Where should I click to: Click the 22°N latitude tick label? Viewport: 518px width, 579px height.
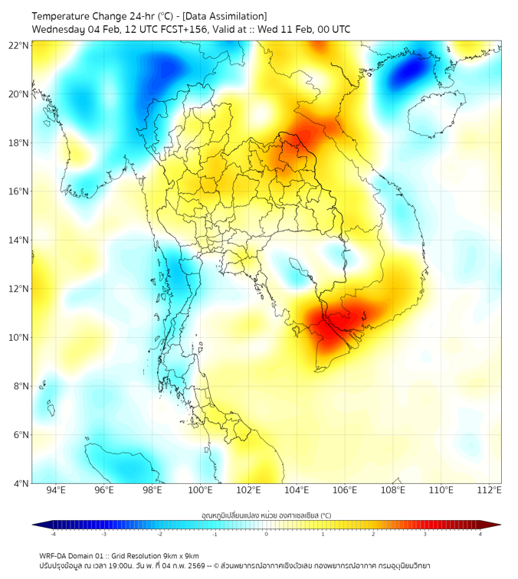19,46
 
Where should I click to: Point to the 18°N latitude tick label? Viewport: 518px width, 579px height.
19,143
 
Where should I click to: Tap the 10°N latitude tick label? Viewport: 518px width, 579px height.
19,338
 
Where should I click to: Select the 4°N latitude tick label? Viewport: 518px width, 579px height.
21,483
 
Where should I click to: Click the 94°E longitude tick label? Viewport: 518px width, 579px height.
56,490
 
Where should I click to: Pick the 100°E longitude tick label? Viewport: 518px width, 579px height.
200,490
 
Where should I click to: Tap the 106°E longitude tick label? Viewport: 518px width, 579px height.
345,490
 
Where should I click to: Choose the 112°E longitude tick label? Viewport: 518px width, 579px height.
489,490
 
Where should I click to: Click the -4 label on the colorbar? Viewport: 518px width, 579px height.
52,535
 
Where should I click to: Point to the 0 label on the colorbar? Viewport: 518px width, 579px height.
267,535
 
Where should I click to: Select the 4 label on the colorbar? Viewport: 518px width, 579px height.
480,535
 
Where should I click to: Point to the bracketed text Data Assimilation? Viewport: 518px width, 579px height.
228,16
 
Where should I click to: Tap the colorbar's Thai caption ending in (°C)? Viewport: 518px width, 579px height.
267,515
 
